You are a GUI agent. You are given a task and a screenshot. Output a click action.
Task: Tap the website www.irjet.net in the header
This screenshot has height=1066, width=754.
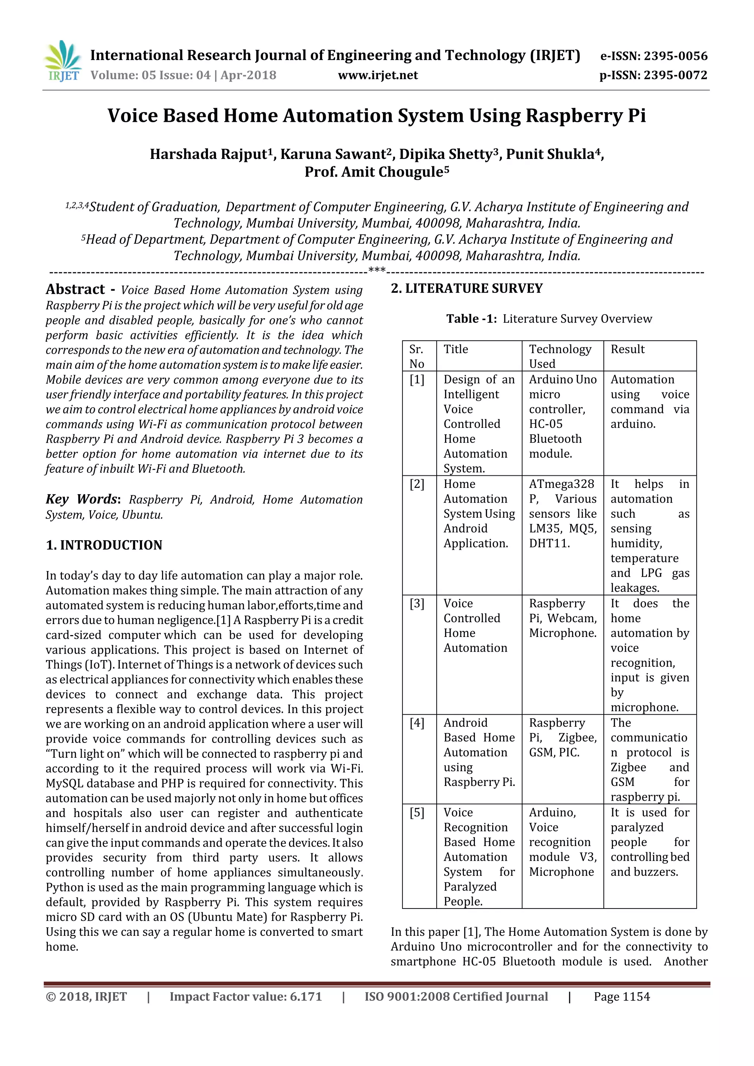(378, 75)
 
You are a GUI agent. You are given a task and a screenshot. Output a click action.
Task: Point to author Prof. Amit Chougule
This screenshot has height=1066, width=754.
(376, 172)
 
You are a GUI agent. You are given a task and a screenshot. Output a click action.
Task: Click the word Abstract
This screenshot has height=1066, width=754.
(75, 289)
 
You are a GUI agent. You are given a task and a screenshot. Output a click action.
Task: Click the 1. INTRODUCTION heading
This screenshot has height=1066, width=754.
(104, 545)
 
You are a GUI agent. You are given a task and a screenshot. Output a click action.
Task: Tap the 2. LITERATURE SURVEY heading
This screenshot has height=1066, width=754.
(466, 289)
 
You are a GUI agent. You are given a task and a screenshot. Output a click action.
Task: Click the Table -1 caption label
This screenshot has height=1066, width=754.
(472, 319)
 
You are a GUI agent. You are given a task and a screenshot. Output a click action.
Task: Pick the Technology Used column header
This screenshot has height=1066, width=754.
(560, 356)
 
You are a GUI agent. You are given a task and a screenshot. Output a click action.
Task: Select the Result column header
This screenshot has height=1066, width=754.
(627, 349)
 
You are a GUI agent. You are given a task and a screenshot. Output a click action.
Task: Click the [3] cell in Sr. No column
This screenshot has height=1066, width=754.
(417, 603)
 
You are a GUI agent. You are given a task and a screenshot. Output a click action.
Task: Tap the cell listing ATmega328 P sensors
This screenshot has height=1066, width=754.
(562, 514)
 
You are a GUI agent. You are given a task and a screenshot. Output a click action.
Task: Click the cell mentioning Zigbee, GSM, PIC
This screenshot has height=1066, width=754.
(562, 737)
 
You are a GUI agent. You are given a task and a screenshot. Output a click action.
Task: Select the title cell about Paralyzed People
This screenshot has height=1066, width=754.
(479, 857)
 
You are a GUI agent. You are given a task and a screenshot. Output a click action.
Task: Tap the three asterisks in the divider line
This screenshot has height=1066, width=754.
(376, 270)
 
